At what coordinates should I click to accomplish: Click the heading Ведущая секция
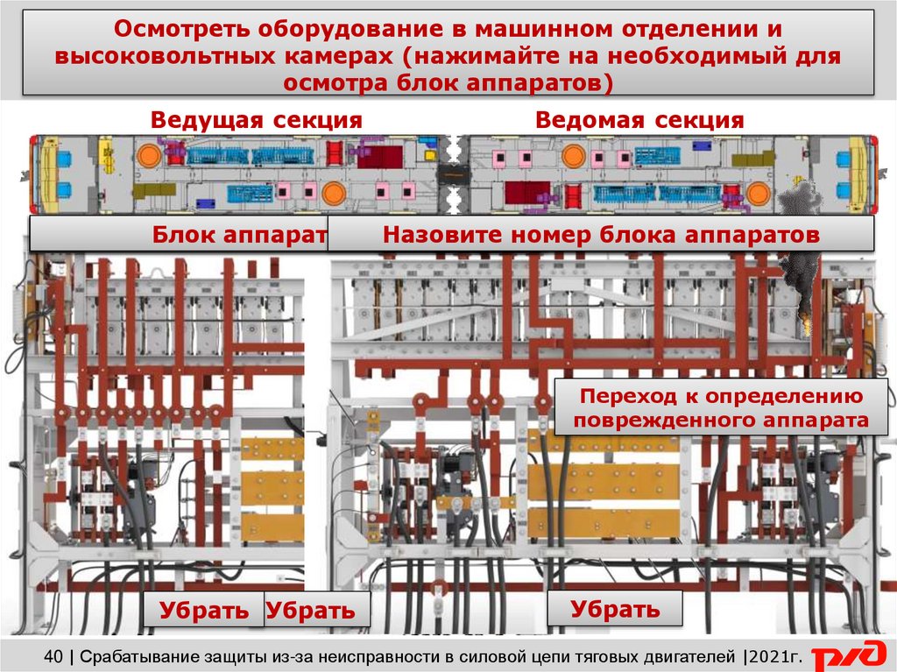[256, 120]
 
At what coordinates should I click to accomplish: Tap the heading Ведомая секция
[639, 120]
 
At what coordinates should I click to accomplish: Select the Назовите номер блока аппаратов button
[601, 235]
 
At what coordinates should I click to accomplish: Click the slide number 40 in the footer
[53, 654]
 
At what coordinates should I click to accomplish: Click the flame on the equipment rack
[804, 325]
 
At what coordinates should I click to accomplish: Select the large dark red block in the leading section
[379, 158]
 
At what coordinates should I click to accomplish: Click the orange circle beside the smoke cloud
[757, 194]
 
